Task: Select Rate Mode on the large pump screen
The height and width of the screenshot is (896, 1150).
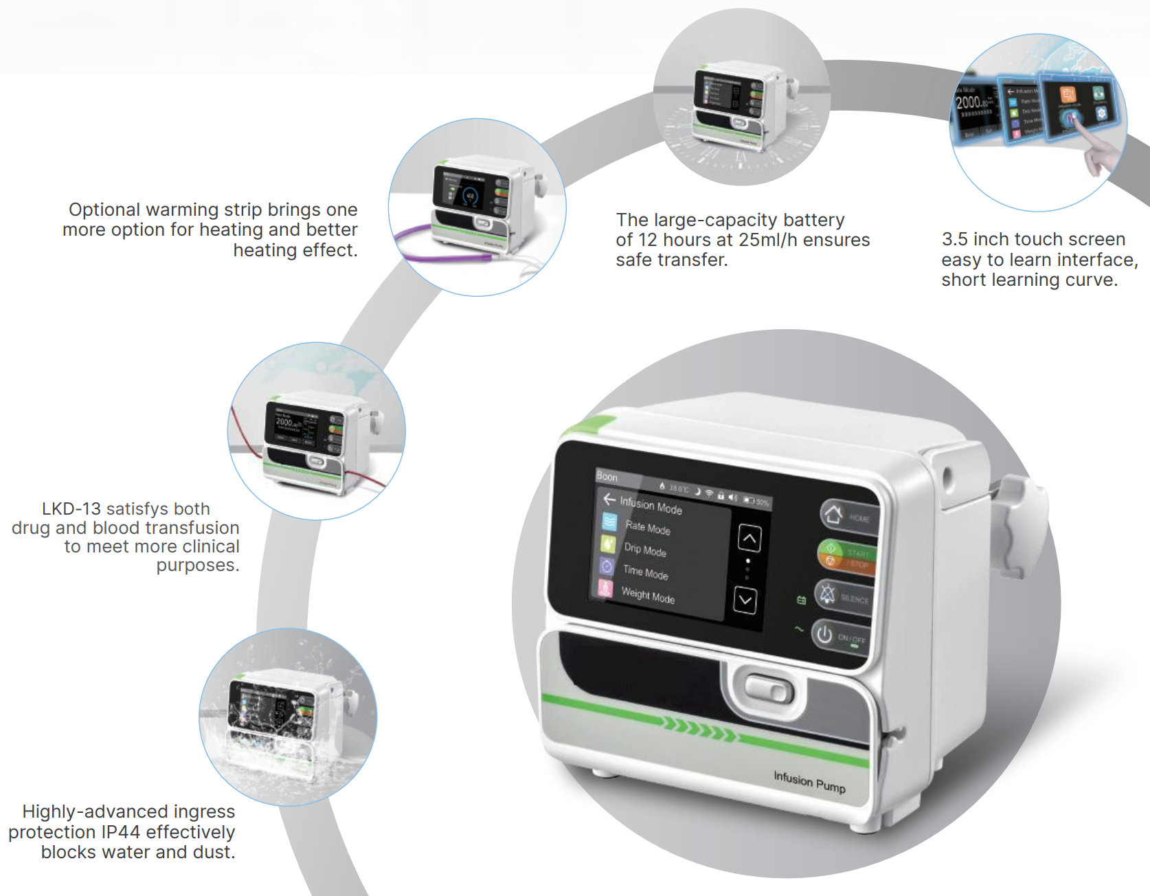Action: tap(647, 528)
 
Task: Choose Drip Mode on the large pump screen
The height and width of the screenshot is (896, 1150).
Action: tap(644, 550)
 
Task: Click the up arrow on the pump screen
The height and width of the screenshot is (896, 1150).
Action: tap(749, 539)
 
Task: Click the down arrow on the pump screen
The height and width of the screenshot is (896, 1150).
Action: tap(745, 601)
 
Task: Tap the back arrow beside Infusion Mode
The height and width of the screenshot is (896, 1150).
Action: tap(609, 499)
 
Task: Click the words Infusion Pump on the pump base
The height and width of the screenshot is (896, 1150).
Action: tap(809, 782)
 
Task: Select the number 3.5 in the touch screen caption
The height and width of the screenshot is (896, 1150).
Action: tap(954, 239)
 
